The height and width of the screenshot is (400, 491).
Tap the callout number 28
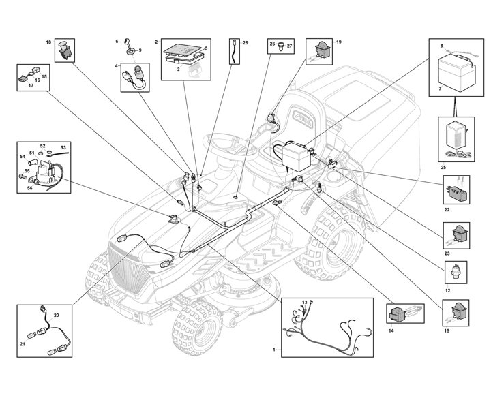pyautogui.click(x=245, y=42)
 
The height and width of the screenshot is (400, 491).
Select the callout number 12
pyautogui.click(x=447, y=290)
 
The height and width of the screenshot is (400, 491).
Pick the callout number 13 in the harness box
pyautogui.click(x=305, y=301)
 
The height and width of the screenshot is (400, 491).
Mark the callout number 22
pyautogui.click(x=447, y=210)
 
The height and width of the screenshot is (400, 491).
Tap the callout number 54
pyautogui.click(x=22, y=156)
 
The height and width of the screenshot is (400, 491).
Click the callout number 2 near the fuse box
pyautogui.click(x=157, y=42)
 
